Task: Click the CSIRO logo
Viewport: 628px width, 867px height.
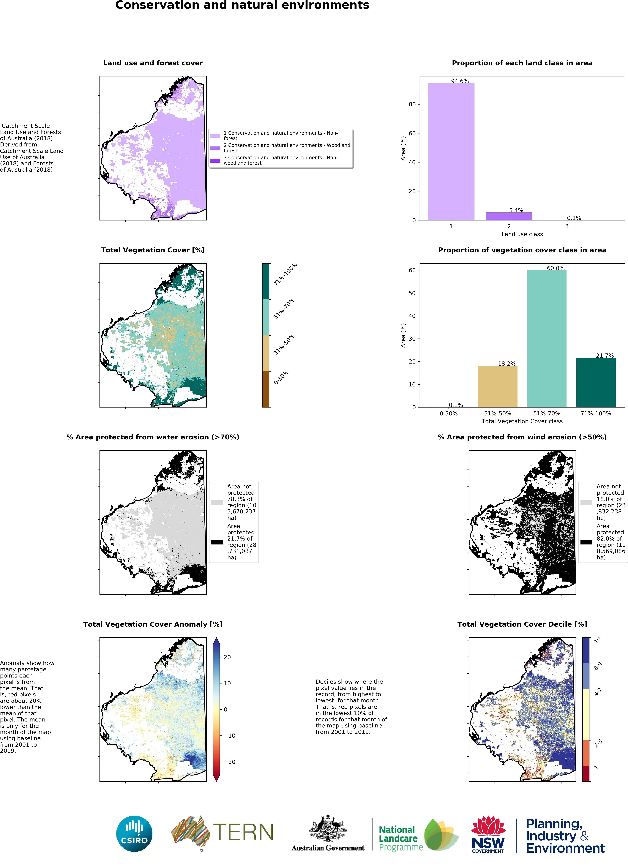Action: [134, 834]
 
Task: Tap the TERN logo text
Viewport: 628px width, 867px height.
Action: [243, 832]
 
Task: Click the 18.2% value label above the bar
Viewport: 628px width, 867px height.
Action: [506, 364]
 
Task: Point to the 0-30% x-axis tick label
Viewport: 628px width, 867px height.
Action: [448, 413]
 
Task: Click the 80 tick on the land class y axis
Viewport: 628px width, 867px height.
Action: [412, 104]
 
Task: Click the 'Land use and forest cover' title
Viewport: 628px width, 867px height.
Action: [153, 63]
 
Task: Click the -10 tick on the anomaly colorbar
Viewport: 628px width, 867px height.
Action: [229, 735]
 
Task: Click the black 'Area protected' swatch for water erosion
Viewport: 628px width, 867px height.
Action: [217, 542]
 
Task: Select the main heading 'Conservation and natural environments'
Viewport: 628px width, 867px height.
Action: [242, 5]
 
